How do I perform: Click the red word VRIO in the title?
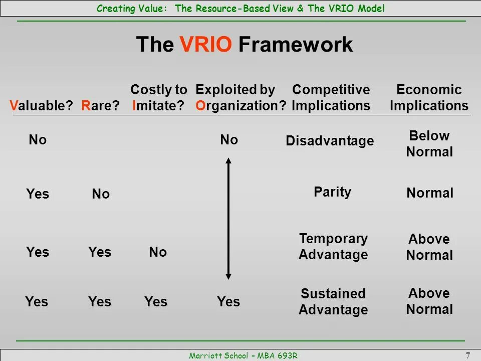click(206, 44)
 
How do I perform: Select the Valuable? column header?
click(41, 105)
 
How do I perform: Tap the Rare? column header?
click(100, 105)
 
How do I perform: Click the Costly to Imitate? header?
click(159, 97)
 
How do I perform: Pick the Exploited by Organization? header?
click(241, 98)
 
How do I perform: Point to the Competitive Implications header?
click(331, 97)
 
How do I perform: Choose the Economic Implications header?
click(429, 97)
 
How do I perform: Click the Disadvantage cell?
click(330, 141)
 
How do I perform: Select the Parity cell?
click(333, 192)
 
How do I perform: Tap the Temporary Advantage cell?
click(334, 247)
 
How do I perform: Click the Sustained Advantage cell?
click(334, 301)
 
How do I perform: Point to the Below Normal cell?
click(429, 144)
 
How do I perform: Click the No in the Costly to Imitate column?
click(158, 252)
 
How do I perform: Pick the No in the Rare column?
click(101, 194)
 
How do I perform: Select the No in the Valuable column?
click(38, 140)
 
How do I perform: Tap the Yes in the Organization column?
click(228, 301)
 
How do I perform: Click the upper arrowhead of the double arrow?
click(228, 160)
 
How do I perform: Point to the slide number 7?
click(468, 355)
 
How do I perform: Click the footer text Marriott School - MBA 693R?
click(244, 355)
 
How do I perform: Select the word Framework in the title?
click(296, 44)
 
